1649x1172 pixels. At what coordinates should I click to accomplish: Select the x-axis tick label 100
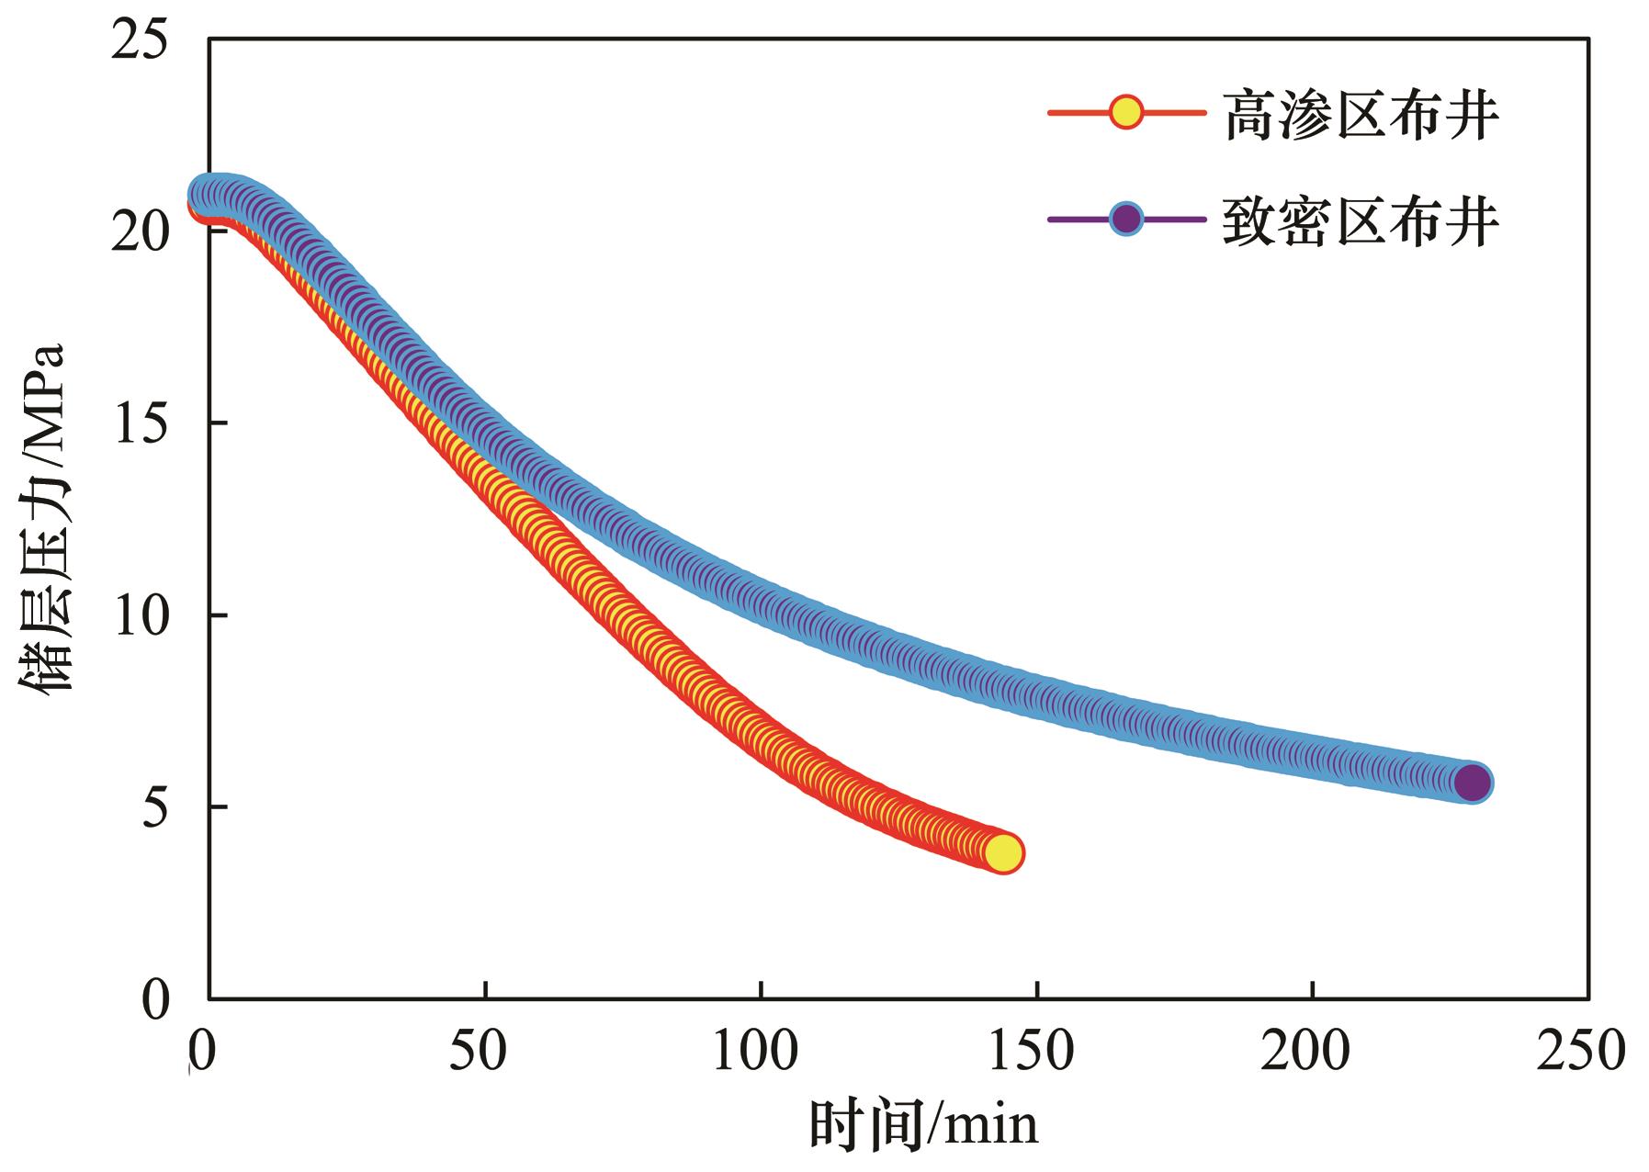(755, 1051)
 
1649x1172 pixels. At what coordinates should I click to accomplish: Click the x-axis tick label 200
(1306, 1051)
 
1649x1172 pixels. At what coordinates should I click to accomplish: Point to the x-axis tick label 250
(1582, 1051)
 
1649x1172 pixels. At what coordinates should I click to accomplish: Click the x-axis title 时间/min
(922, 1126)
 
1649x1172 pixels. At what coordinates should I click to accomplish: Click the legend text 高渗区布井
(1361, 116)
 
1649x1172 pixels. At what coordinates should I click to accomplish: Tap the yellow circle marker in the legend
(1126, 113)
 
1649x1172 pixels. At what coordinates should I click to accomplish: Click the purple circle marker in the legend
(1126, 220)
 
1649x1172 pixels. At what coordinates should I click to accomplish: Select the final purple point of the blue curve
(1473, 783)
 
